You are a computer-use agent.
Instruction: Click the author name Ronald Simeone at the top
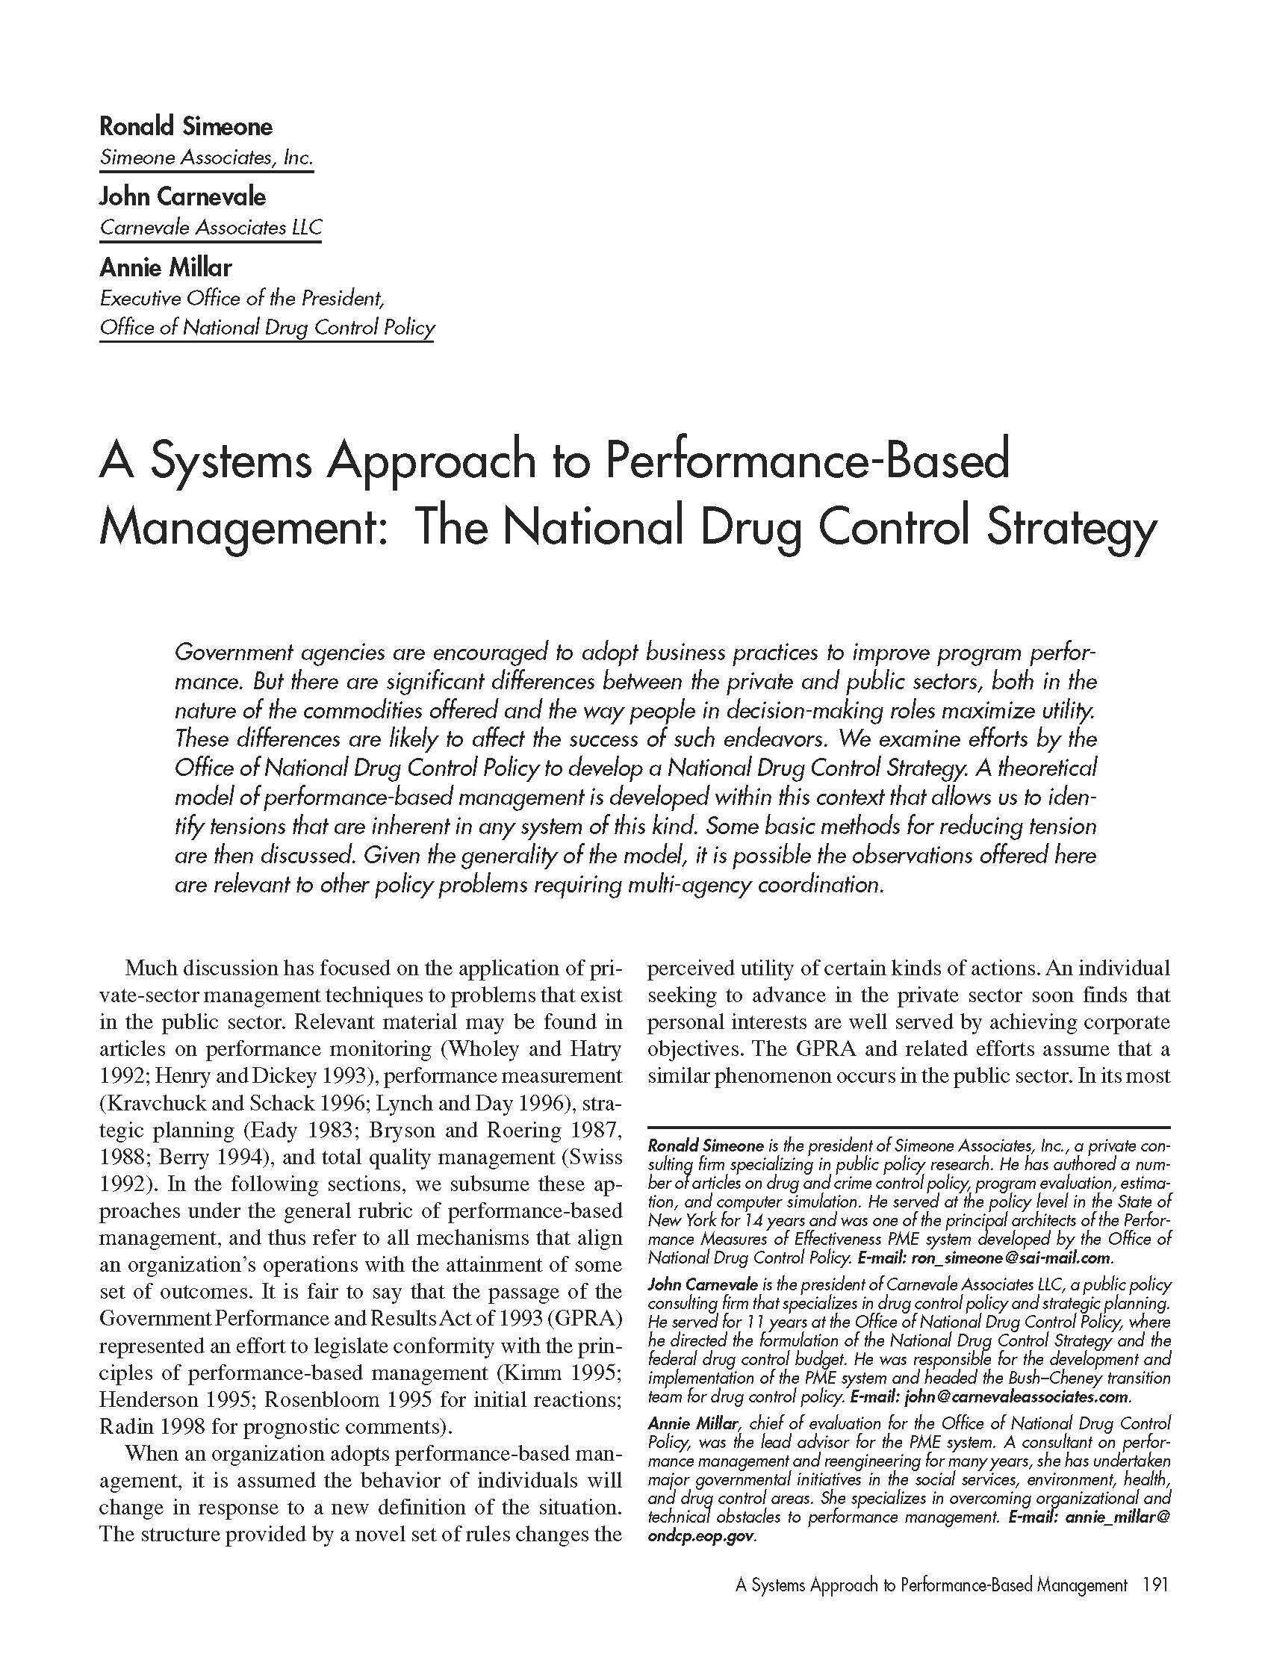185,125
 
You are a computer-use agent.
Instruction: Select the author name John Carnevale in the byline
182,196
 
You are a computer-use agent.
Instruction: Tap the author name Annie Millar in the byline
166,267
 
